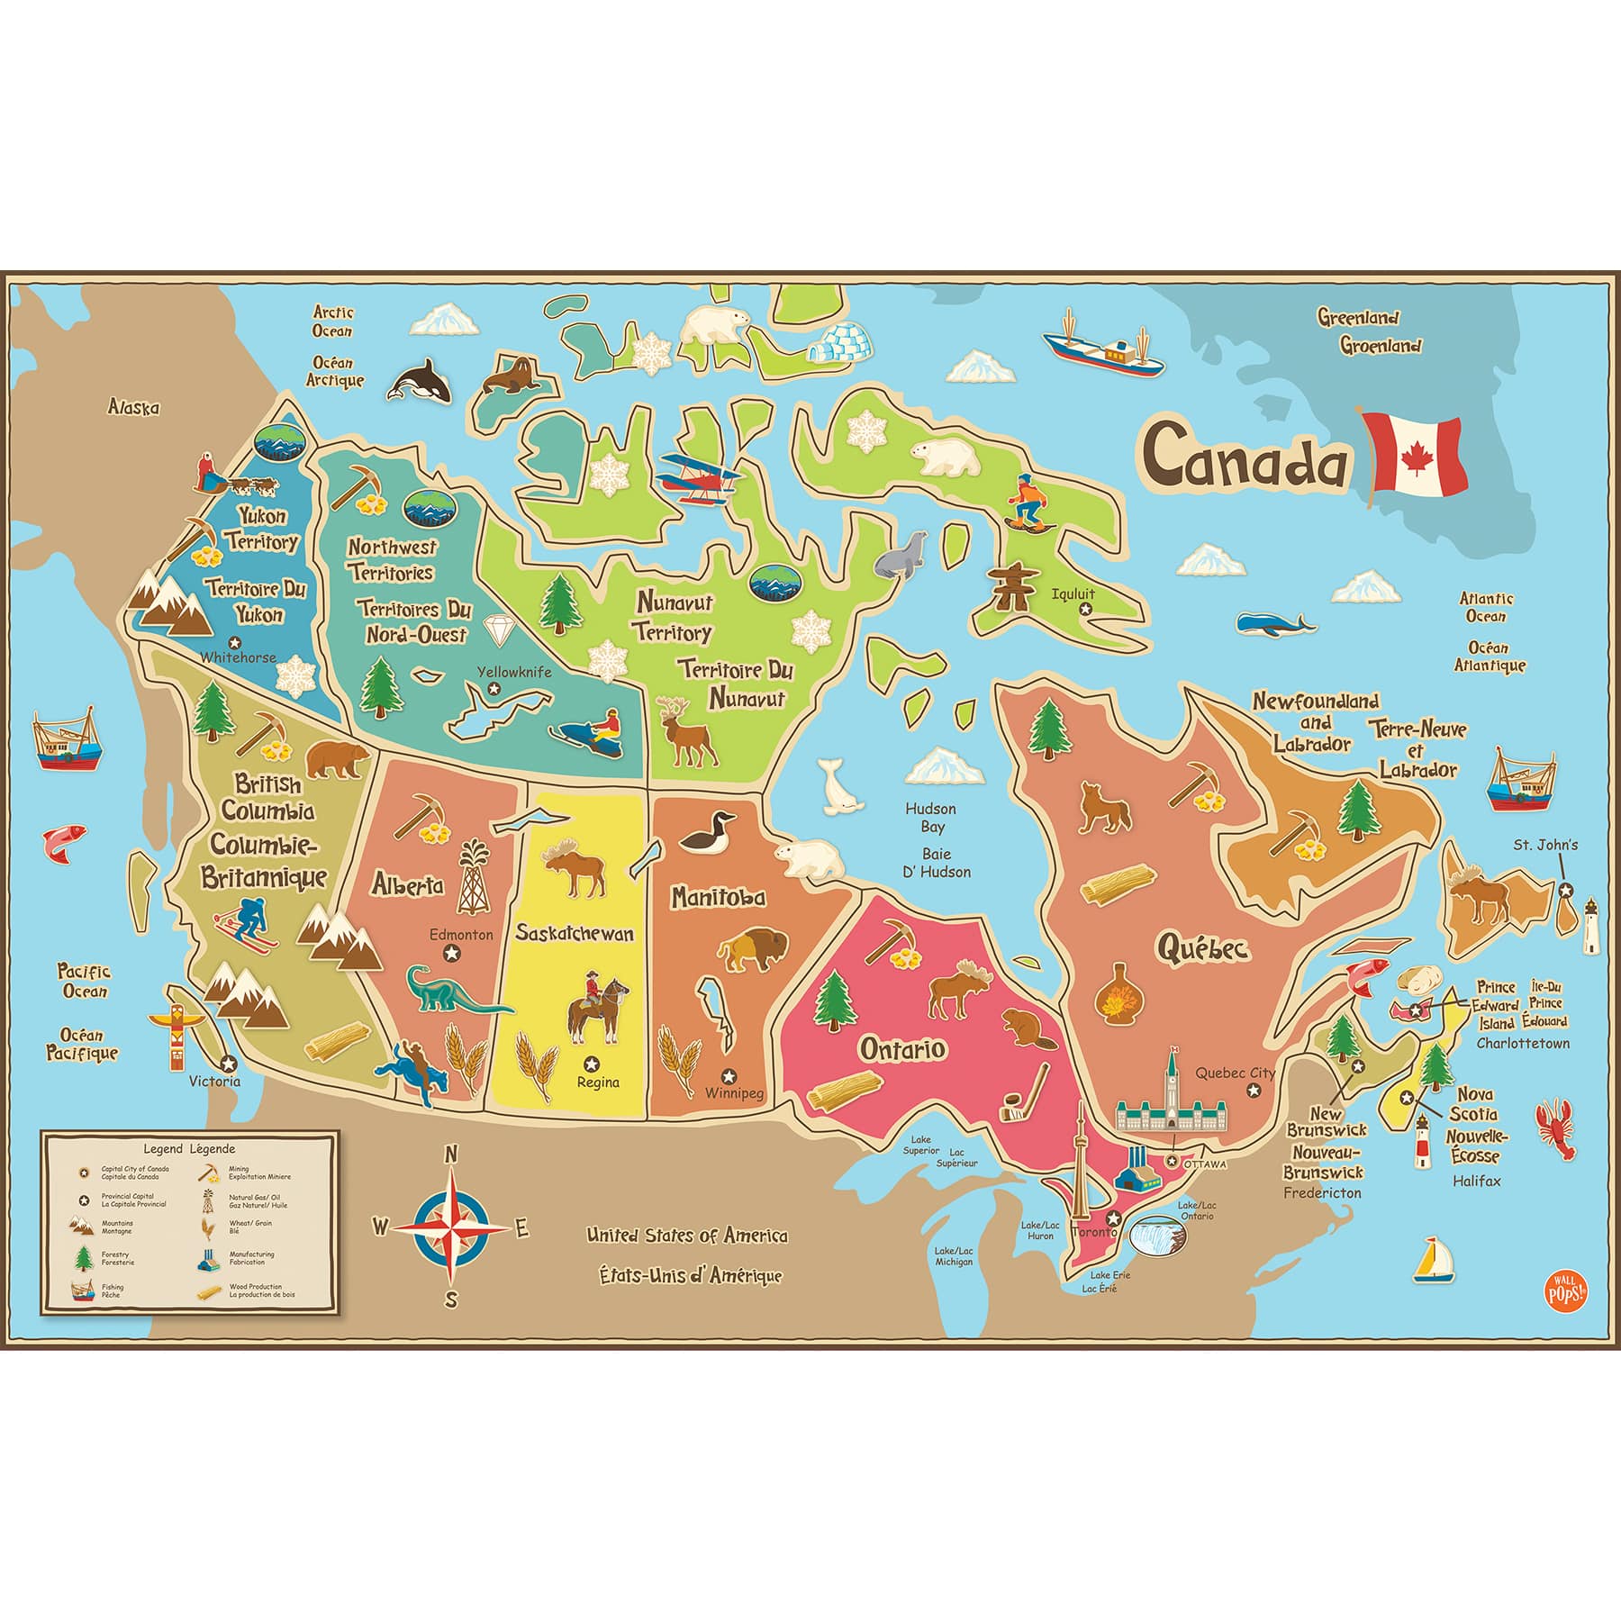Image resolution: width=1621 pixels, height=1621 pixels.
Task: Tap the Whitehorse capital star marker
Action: pos(235,642)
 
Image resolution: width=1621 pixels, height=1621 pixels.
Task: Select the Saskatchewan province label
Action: pos(575,932)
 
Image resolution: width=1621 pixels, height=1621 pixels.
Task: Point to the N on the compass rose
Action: pos(453,1155)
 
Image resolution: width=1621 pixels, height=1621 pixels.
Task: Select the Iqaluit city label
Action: pos(1073,593)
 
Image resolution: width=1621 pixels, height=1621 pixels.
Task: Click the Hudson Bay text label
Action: pos(930,818)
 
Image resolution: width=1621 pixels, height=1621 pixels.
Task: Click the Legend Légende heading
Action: pos(189,1149)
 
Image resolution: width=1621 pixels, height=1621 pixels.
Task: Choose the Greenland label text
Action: pos(1358,317)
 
